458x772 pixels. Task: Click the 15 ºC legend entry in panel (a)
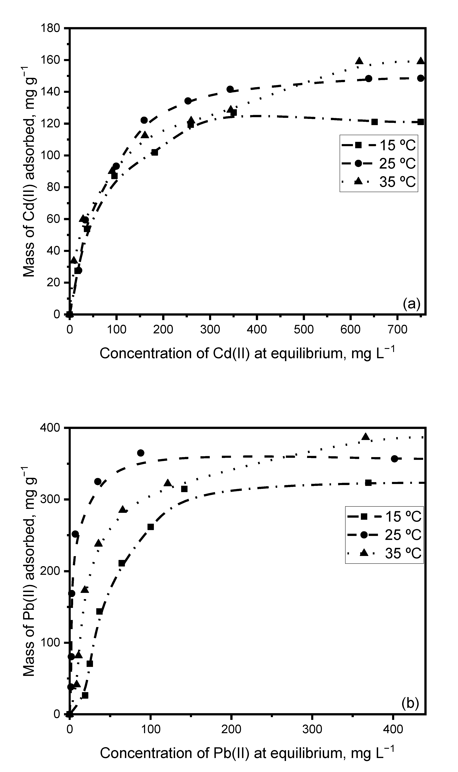click(379, 145)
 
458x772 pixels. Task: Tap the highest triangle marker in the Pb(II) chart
click(366, 436)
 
